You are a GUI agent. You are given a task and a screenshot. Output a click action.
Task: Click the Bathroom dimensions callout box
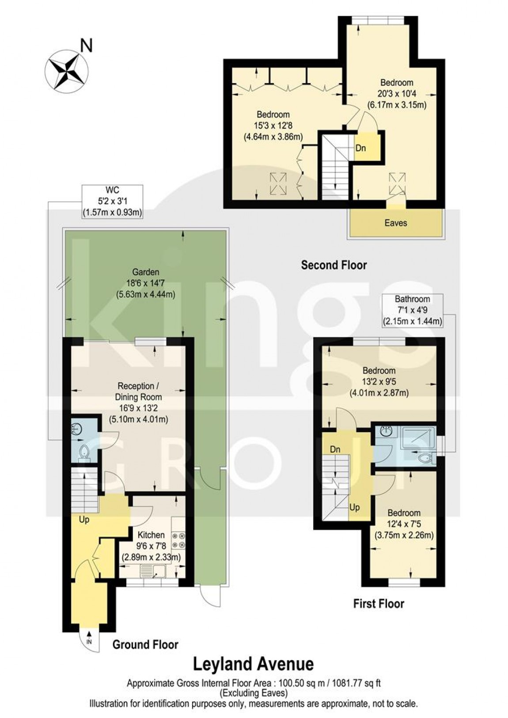click(x=412, y=311)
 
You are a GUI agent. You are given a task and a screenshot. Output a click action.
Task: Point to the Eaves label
click(x=395, y=223)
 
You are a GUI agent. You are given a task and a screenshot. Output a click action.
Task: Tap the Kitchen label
click(x=151, y=535)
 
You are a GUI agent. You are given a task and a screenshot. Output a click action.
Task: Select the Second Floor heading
click(x=334, y=265)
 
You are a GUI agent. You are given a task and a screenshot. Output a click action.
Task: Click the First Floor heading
click(x=379, y=603)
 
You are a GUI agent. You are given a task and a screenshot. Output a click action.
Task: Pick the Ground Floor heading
click(x=145, y=645)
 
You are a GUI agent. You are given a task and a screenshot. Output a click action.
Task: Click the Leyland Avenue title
click(x=254, y=664)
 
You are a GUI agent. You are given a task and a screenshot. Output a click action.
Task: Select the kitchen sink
click(x=152, y=573)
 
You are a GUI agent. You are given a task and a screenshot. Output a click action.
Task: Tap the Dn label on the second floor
click(x=361, y=148)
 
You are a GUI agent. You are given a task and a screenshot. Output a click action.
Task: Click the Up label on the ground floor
click(x=84, y=520)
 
